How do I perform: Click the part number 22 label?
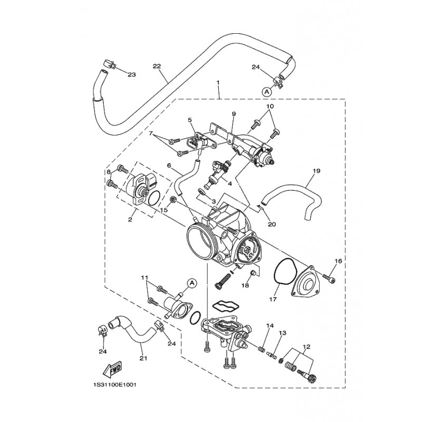pos(156,66)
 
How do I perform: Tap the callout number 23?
pos(131,74)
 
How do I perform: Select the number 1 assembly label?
pos(218,83)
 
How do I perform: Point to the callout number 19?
pos(317,171)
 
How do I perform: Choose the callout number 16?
pos(338,261)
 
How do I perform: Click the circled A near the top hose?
pos(266,91)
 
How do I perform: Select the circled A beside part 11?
pos(192,283)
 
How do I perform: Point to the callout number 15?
pos(164,210)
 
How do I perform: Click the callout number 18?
pos(245,285)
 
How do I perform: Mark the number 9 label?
pos(233,114)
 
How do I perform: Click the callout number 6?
pos(170,165)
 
